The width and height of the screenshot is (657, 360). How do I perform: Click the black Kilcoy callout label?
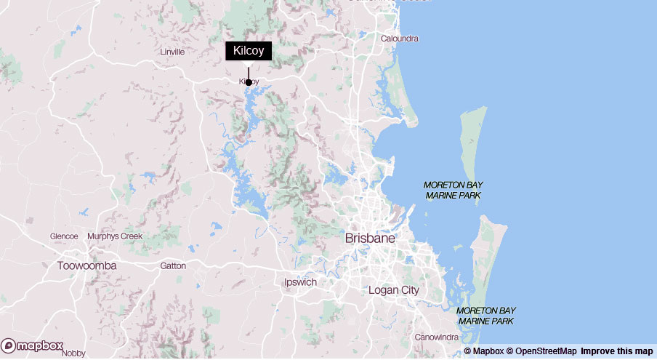coord(249,51)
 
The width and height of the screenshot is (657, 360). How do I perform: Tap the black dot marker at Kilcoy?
coord(249,82)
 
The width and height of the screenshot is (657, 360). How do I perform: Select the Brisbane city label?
coord(370,238)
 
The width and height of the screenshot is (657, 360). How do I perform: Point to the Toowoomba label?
coord(86,265)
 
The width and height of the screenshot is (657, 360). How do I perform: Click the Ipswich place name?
coord(300,281)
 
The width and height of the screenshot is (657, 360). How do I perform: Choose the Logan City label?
coord(394,290)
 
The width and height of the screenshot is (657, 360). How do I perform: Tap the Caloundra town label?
coord(400,39)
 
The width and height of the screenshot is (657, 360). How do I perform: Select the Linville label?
coord(173,52)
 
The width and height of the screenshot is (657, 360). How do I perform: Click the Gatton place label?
coord(173,266)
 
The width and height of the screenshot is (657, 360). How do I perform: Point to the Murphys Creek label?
coord(115,236)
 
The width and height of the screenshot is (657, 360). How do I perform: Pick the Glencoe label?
coord(64,236)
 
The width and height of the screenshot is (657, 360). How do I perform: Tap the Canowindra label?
coord(436,337)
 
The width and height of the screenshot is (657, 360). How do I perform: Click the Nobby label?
coord(74,353)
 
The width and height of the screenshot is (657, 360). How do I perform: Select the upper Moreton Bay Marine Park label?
coord(453,191)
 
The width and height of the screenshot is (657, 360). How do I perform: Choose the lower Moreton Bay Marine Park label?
coord(485,316)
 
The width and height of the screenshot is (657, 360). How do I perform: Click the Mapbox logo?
coord(33,346)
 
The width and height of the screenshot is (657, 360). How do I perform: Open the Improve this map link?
coord(617,351)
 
